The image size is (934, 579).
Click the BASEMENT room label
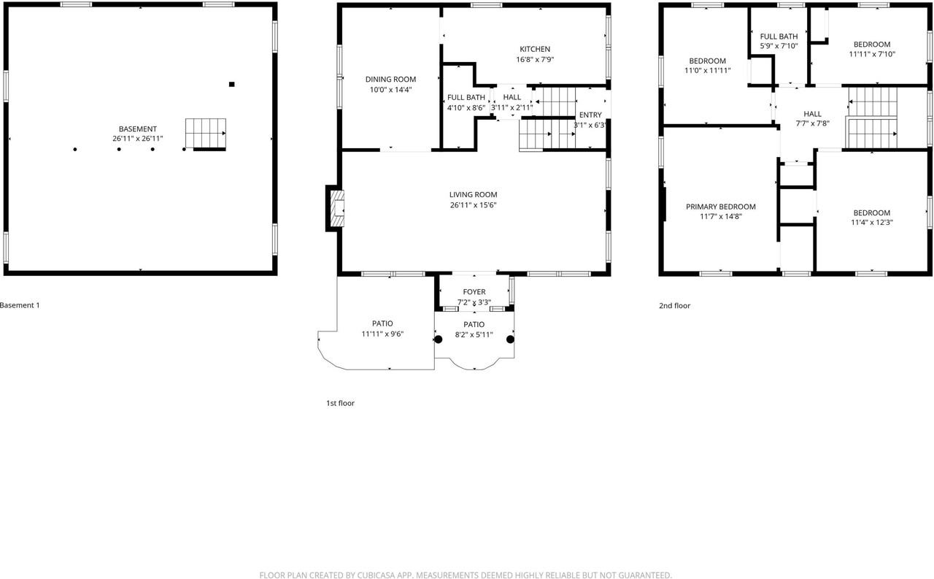(138, 129)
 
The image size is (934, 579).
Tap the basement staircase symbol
(205, 134)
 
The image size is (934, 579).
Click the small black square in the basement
(232, 85)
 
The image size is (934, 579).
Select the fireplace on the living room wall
(335, 208)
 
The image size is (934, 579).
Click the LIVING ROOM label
(473, 195)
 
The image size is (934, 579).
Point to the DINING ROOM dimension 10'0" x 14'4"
(390, 90)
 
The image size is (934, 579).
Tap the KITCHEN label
(535, 50)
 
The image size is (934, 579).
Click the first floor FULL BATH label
(466, 98)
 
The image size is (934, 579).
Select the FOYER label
(474, 292)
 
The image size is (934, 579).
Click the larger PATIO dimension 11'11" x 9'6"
(382, 334)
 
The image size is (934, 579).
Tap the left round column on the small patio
(439, 339)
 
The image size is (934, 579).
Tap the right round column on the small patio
(510, 339)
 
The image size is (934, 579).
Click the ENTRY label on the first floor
(590, 115)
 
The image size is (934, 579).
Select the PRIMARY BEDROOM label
(720, 207)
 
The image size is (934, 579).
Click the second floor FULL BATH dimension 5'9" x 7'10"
(779, 46)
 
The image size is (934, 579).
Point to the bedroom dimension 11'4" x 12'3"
(871, 223)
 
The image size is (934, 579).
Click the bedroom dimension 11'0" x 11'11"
(707, 71)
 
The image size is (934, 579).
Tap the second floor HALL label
(812, 114)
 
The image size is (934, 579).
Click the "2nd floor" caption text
(674, 306)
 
